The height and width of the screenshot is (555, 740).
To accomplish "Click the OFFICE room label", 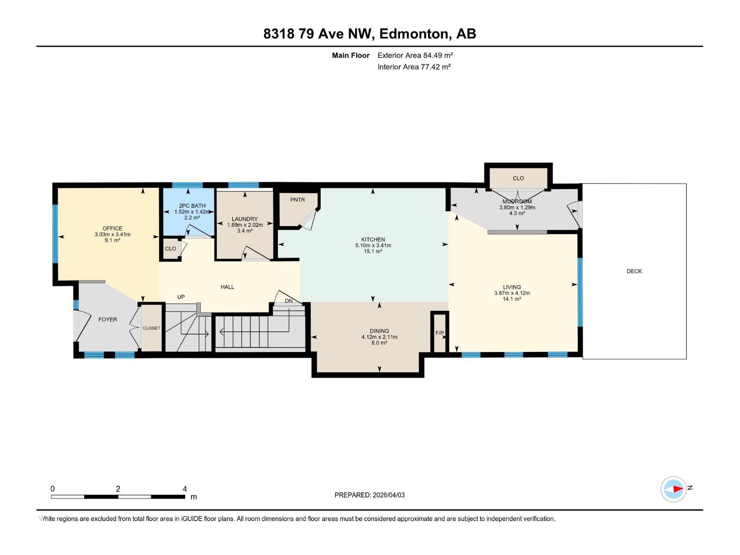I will pos(112,228).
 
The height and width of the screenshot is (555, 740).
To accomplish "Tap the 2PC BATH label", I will pos(192,206).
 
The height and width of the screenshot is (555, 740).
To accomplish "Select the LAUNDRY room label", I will pos(245,219).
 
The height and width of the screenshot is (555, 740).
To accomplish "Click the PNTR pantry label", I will pos(297,200).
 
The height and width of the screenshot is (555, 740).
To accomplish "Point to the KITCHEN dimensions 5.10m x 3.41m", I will pos(373,246).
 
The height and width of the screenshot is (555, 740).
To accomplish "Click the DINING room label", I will pos(379,331).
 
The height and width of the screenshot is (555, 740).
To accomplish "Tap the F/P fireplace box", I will pos(439,333).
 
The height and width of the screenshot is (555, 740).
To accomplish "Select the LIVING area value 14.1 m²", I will pos(512,299).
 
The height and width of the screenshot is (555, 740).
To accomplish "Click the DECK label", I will pos(634,271).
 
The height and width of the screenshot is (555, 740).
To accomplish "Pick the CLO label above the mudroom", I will pos(518,178).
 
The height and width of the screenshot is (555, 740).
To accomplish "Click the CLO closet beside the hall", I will pos(170,248).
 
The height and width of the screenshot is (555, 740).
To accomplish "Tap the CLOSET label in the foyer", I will pos(151,328).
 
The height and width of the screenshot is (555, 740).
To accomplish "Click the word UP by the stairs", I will pos(181,297).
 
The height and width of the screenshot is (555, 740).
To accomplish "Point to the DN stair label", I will pos(289,301).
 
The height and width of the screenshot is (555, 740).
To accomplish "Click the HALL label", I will pos(227,287).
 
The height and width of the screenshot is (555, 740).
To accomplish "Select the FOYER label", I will pos(108,319).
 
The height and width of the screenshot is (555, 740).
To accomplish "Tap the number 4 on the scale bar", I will pos(185,489).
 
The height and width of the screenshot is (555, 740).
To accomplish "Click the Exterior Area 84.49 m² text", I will pos(415,55).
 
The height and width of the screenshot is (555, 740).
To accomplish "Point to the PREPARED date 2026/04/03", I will pos(388,495).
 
